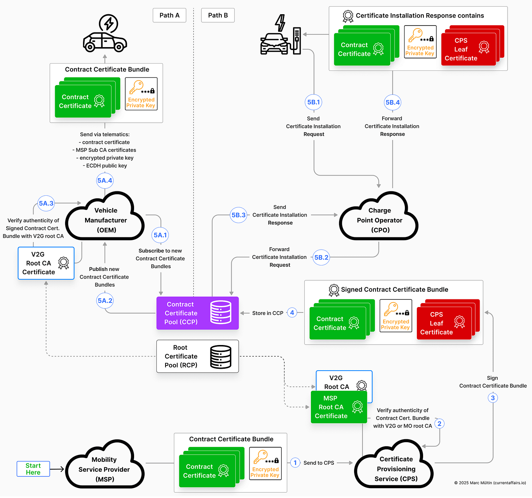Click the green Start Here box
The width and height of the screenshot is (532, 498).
click(x=33, y=469)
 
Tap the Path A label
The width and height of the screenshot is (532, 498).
click(x=169, y=15)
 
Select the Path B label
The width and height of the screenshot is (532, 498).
click(x=218, y=15)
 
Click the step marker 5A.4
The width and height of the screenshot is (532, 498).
click(x=105, y=180)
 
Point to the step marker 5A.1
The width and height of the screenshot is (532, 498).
click(x=160, y=235)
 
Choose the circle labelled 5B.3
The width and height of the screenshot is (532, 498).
click(x=238, y=215)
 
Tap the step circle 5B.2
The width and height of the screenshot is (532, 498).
click(x=321, y=257)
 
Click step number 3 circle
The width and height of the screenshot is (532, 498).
click(x=493, y=398)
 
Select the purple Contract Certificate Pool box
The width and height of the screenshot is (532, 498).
click(x=197, y=313)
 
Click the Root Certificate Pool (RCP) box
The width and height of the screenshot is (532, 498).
click(x=197, y=356)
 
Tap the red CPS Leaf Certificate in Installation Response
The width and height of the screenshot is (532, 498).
click(x=468, y=49)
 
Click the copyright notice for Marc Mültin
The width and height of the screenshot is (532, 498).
click(x=490, y=483)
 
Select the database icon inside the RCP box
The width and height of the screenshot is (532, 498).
click(x=221, y=357)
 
